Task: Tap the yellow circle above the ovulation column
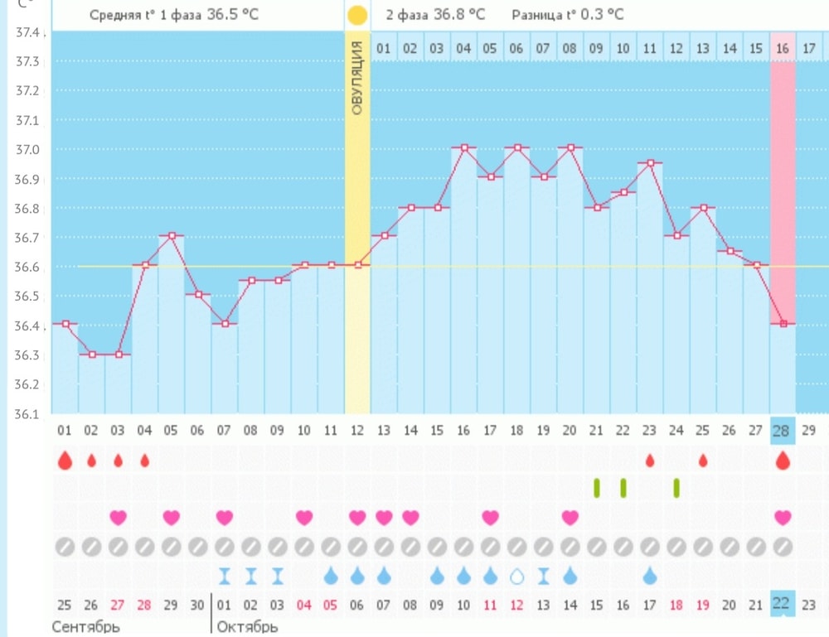tap(357, 15)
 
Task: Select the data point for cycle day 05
tap(172, 236)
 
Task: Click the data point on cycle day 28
tap(783, 324)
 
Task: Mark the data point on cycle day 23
tap(650, 163)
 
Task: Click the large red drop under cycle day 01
tap(65, 461)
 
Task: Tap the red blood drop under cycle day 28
tap(783, 461)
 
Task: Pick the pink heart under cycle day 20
tap(570, 518)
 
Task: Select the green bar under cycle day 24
tap(676, 488)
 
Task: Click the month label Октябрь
tap(247, 626)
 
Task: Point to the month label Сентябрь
tap(86, 626)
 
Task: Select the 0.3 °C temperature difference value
tap(602, 15)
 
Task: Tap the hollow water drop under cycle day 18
tap(517, 575)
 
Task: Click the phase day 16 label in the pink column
tap(783, 48)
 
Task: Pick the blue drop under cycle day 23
tap(650, 575)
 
